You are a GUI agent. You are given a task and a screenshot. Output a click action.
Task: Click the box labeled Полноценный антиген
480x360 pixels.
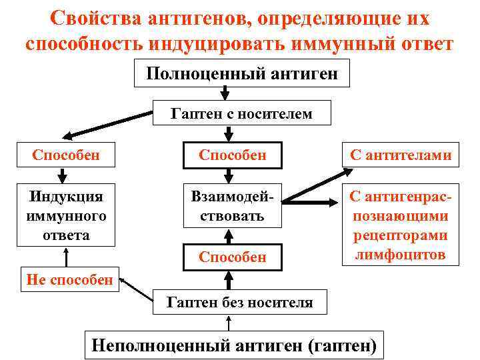tap(241, 74)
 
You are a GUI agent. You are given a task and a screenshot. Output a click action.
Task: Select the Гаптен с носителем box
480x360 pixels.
tap(241, 113)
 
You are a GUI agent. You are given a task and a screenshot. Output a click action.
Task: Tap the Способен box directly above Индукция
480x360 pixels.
tap(66, 155)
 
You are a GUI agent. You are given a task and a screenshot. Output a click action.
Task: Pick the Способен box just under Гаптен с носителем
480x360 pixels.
tap(233, 155)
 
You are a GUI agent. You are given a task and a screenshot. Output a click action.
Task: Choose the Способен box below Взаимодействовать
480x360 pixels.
tap(233, 257)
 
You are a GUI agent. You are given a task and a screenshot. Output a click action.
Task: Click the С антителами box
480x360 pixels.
tap(400, 155)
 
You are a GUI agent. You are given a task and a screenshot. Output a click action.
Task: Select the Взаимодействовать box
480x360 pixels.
tap(233, 206)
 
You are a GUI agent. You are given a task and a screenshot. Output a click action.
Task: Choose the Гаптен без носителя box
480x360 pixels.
tap(239, 303)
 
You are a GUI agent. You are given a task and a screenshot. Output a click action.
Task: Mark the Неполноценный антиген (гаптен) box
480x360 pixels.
tap(233, 345)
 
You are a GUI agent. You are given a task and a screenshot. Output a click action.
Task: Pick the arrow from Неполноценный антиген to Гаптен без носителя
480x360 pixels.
tap(230, 324)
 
